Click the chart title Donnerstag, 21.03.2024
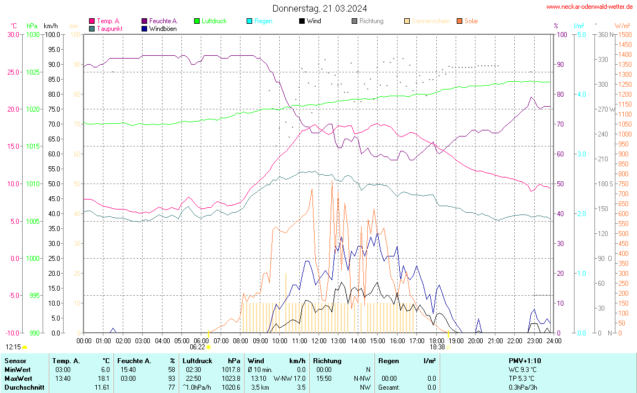(x=319, y=8)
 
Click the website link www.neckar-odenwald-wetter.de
(x=589, y=7)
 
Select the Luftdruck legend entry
(x=210, y=21)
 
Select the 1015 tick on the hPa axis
(x=33, y=146)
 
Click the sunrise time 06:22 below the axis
(x=197, y=347)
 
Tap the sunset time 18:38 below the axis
(x=437, y=347)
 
